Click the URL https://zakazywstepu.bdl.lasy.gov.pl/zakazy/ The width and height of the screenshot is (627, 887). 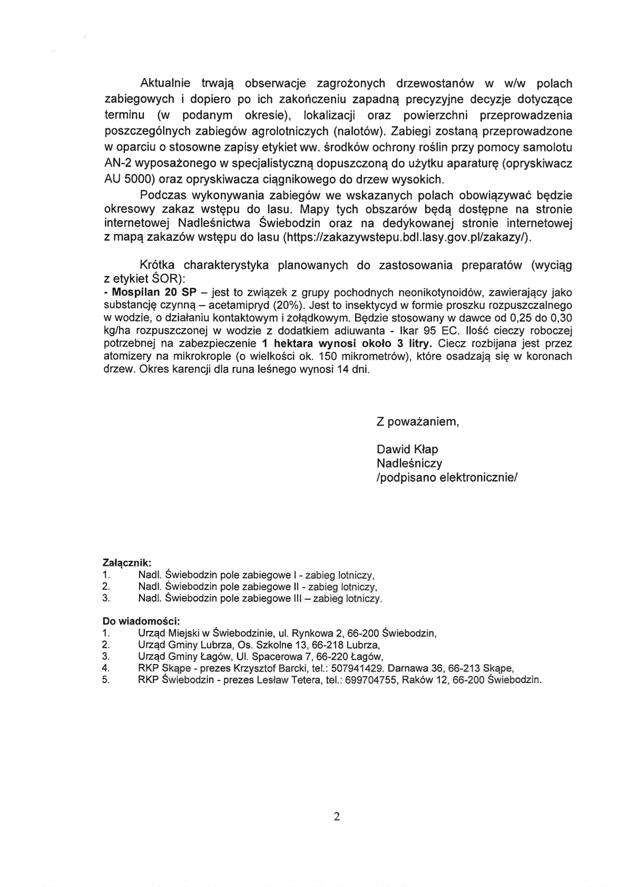(405, 237)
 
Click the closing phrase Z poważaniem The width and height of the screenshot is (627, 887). (418, 422)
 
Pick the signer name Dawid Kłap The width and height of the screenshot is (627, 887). (407, 450)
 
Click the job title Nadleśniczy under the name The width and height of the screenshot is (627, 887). (409, 464)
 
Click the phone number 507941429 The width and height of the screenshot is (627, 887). (358, 668)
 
